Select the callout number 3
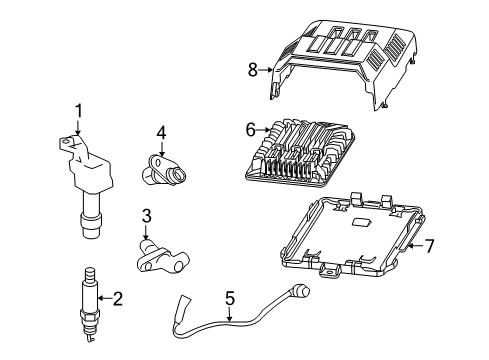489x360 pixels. [146, 216]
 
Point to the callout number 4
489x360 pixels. [161, 131]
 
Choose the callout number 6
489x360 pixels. [251, 129]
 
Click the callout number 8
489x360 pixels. [252, 69]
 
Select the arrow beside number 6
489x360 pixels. [263, 129]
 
